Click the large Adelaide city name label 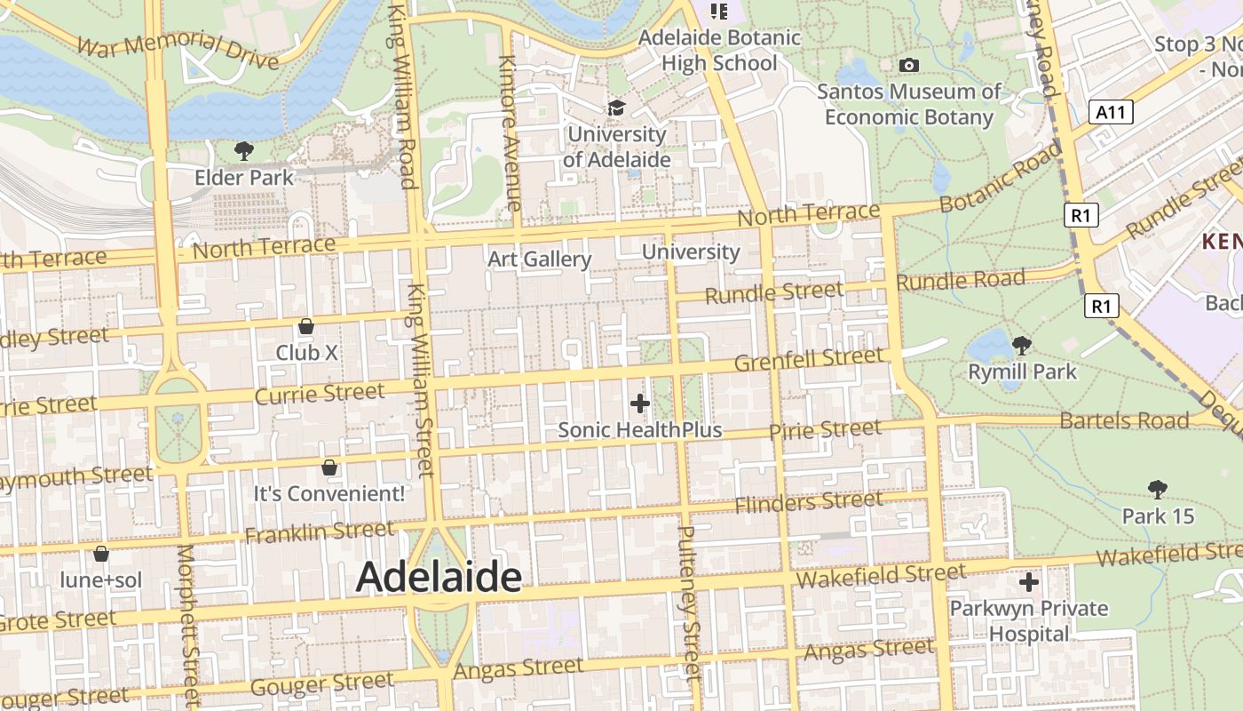click(439, 578)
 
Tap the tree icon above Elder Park click(244, 151)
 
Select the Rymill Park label click(1022, 371)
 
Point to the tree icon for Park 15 click(1157, 489)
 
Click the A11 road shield click(1111, 112)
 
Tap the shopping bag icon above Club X click(306, 326)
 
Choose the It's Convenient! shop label click(329, 493)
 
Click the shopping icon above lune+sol click(101, 554)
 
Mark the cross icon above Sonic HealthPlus click(639, 403)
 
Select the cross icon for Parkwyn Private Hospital click(1029, 583)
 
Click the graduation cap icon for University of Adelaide click(616, 108)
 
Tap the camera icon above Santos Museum click(908, 65)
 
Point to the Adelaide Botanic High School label click(719, 51)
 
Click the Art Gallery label click(540, 260)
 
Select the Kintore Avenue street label click(509, 133)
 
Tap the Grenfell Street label click(809, 359)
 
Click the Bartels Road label click(1124, 419)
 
